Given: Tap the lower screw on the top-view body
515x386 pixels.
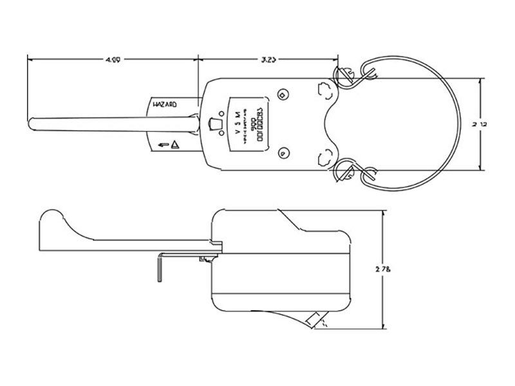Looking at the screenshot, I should [x=283, y=152].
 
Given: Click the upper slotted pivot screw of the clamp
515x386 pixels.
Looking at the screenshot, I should [x=342, y=75].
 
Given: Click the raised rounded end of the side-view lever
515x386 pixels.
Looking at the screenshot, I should [x=51, y=217].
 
